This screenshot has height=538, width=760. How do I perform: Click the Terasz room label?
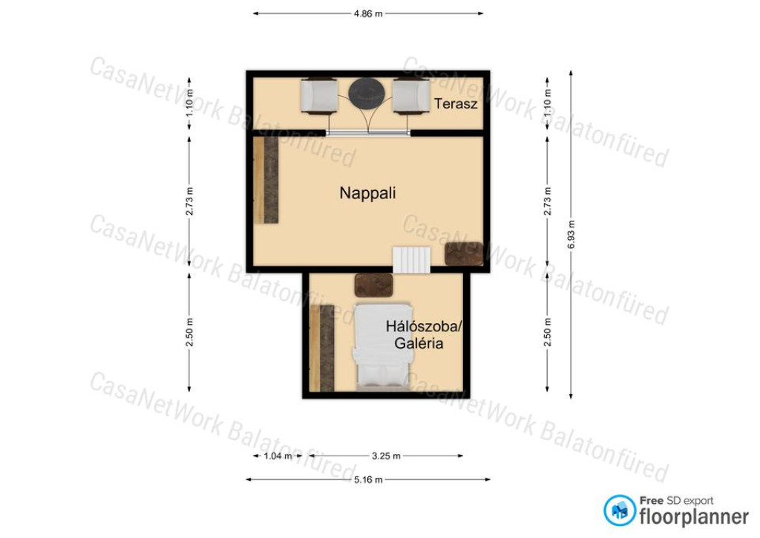point(456,103)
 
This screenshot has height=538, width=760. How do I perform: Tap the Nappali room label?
point(367,193)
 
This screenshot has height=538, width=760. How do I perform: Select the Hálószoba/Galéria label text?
point(422,334)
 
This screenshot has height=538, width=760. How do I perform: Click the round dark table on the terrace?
point(367,94)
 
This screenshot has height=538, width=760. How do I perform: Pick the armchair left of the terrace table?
point(318,96)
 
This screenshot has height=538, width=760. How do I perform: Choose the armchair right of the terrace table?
point(411,96)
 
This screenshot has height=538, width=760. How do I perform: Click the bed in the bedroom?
point(384,346)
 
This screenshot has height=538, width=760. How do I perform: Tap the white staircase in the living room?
point(411,260)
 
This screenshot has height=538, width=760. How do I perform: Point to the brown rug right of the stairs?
point(464,253)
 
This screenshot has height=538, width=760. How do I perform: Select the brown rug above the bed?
point(373,285)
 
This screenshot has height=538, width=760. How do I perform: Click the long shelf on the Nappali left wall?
point(266,180)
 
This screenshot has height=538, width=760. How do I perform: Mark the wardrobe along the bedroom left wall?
point(322,348)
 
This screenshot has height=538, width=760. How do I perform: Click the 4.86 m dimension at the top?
point(368,13)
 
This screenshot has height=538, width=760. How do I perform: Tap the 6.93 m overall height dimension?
point(571,235)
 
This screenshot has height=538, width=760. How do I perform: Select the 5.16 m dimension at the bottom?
point(368,480)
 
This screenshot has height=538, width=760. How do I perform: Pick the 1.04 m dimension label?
point(278,456)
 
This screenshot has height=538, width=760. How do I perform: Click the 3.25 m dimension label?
point(386,456)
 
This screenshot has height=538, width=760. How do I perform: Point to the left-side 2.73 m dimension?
point(189,201)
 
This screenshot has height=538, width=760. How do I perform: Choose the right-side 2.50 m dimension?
point(548,332)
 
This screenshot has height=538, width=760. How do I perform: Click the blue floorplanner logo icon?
point(620,511)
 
